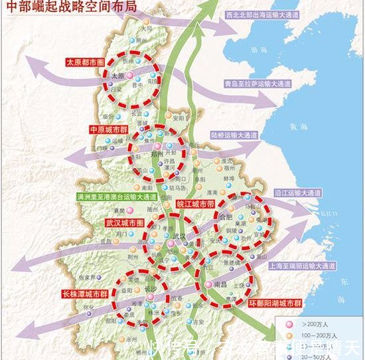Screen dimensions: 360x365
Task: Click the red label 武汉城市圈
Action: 123,223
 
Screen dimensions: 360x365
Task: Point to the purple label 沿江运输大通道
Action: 297,193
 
